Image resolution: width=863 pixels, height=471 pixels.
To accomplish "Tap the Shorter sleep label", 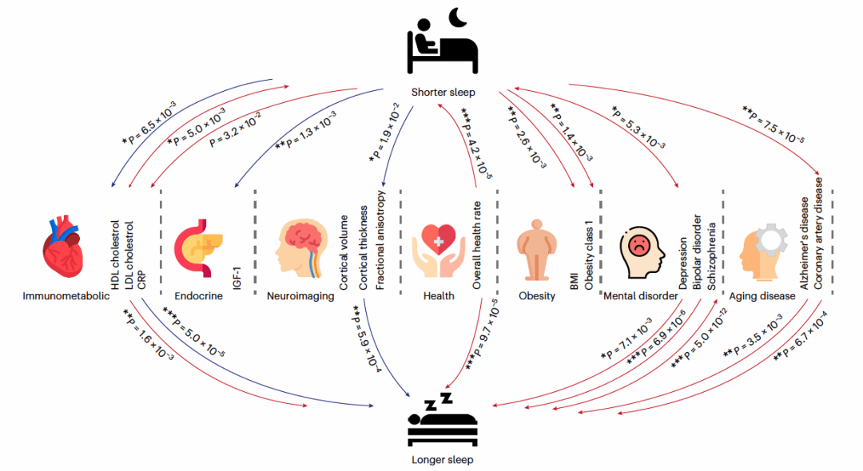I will (x=443, y=93).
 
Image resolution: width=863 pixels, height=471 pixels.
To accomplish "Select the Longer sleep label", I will (x=442, y=460).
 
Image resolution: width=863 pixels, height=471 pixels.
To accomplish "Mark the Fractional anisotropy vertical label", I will (x=380, y=240).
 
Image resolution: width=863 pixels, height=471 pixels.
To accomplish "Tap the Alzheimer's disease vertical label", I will (x=805, y=243).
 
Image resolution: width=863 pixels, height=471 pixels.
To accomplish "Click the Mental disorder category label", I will (x=638, y=296).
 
